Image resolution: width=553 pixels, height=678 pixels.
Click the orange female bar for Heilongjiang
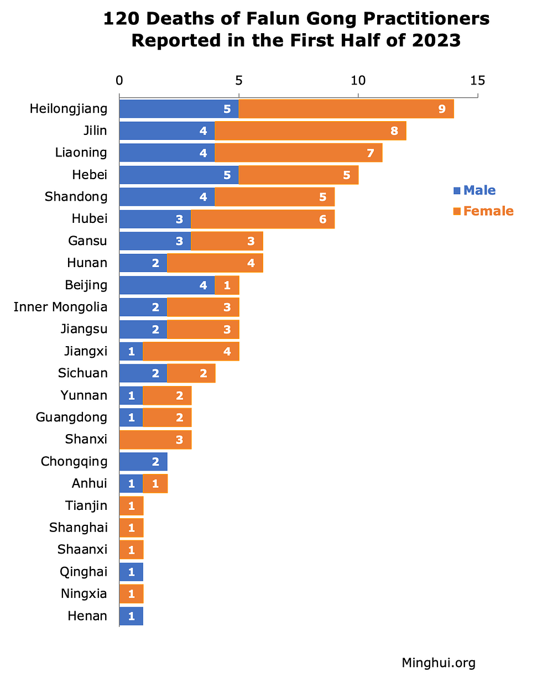(346, 108)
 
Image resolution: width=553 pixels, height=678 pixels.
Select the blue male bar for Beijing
(166, 285)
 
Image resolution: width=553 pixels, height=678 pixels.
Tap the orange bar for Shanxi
(155, 440)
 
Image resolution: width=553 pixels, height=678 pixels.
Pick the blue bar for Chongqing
(143, 462)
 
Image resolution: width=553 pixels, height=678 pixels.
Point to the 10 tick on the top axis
(358, 80)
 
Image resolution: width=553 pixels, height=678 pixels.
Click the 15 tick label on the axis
(477, 80)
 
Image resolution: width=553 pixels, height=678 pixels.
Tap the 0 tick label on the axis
(119, 80)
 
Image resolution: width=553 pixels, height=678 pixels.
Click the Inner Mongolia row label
(61, 307)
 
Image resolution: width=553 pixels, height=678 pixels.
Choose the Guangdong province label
(72, 417)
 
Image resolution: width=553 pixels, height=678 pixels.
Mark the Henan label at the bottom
(87, 616)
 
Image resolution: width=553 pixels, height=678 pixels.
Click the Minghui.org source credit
(439, 663)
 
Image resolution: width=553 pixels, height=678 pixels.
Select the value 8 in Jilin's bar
(394, 131)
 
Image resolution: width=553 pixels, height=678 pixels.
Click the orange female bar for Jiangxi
(191, 351)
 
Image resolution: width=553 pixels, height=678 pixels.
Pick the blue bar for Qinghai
(131, 572)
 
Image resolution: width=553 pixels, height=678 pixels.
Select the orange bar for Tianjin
(131, 505)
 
